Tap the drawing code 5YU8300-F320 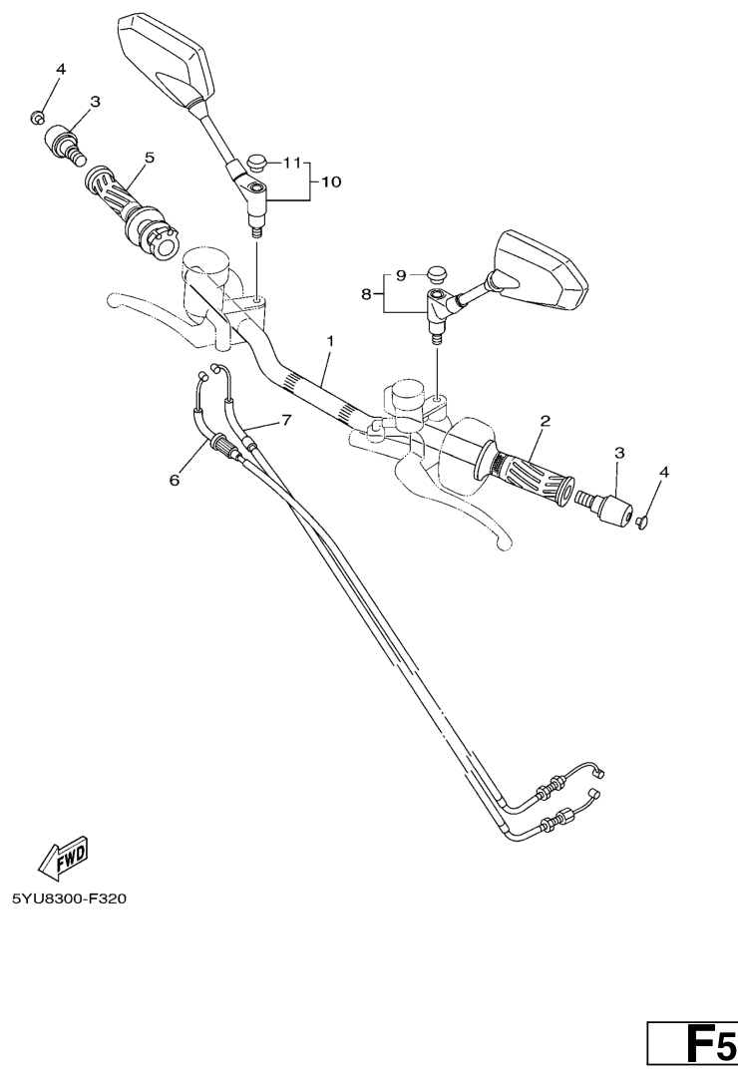[70, 898]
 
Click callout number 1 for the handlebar [330, 340]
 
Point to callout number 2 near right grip [545, 420]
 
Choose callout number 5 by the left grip [150, 158]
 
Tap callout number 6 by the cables [175, 480]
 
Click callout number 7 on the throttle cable [286, 419]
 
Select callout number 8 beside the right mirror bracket [367, 294]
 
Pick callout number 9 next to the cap [401, 275]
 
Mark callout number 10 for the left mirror [331, 181]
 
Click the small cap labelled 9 [434, 274]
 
